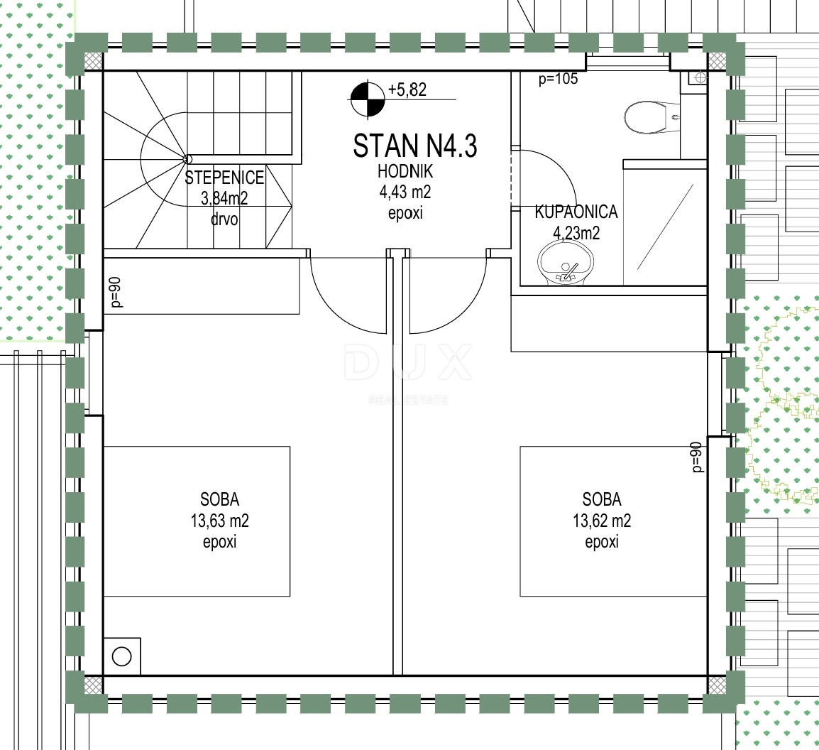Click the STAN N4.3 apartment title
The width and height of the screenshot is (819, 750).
(x=414, y=146)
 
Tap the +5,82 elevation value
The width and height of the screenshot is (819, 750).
(x=407, y=90)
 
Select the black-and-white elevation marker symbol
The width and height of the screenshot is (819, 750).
(x=367, y=99)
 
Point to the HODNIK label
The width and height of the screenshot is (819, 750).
(x=405, y=171)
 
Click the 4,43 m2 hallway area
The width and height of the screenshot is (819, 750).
(x=405, y=192)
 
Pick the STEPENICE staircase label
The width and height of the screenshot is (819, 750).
(x=224, y=178)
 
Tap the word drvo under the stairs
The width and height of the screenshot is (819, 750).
(x=224, y=219)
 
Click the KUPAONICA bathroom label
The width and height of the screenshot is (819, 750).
(x=576, y=212)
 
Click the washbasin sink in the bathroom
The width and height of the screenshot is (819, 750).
(x=567, y=263)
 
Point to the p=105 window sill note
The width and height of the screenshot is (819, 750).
(x=559, y=79)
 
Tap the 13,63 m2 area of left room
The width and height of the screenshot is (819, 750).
(x=219, y=521)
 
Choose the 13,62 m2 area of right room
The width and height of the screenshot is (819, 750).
(x=602, y=521)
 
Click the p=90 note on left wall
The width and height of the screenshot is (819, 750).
(x=116, y=292)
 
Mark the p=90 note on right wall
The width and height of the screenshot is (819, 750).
(x=696, y=457)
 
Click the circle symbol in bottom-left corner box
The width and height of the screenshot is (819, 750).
(x=121, y=656)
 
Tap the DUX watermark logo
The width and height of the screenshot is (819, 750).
(x=408, y=363)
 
